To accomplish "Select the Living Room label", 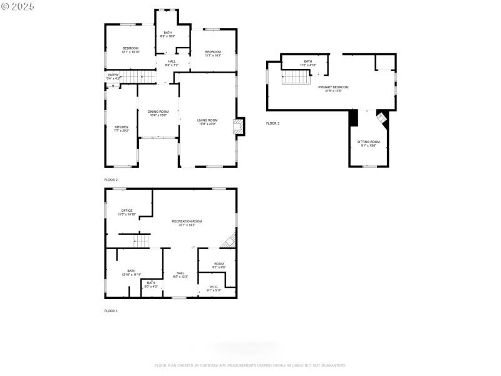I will (x=207, y=122).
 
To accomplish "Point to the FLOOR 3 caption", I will (x=272, y=123).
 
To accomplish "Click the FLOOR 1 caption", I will (x=111, y=311).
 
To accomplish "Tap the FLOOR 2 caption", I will (x=111, y=180).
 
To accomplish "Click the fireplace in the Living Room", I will (x=238, y=127).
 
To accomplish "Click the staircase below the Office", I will (x=142, y=241).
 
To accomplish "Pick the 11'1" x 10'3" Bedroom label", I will (x=213, y=53).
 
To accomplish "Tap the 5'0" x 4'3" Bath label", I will (x=151, y=285).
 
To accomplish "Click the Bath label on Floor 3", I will (x=307, y=63).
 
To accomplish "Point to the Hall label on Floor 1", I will (x=180, y=274).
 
